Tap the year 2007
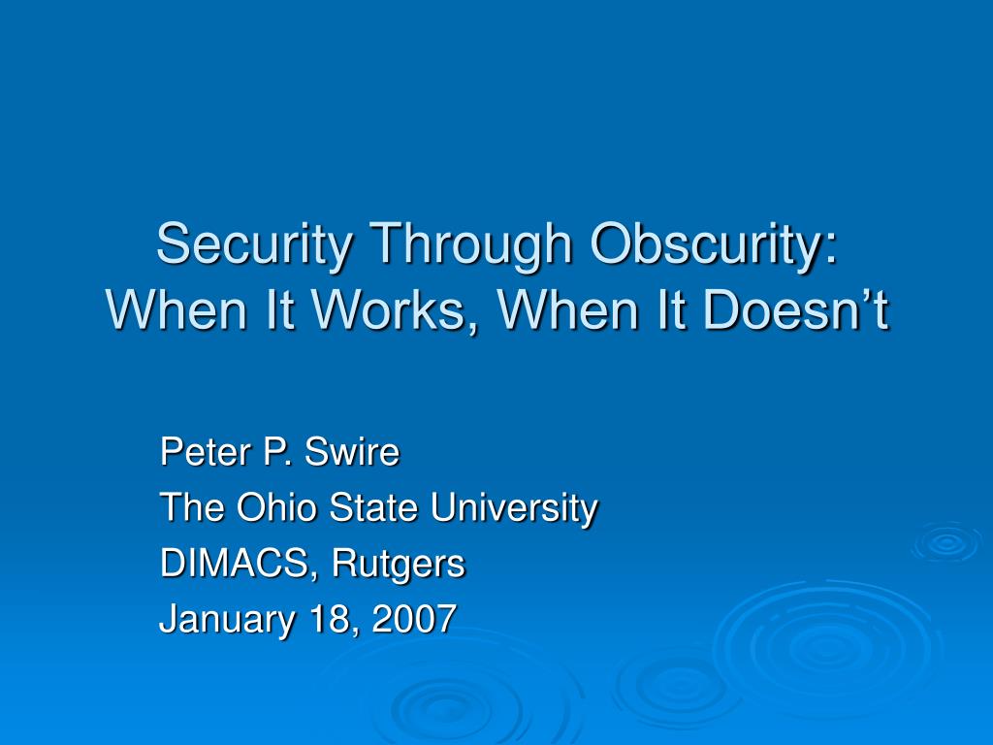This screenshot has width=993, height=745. pyautogui.click(x=416, y=618)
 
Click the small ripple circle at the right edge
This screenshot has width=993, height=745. pyautogui.click(x=946, y=542)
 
